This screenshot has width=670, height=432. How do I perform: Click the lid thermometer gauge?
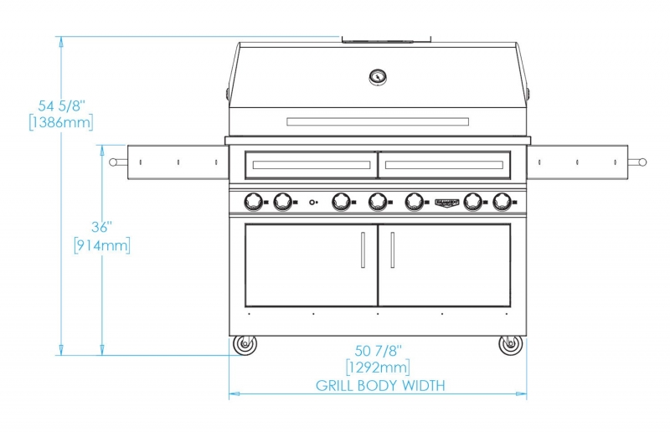coord(378,77)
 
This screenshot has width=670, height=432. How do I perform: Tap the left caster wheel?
coord(245,344)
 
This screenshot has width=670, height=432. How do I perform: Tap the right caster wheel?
coord(511,344)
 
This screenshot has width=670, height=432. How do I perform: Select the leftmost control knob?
coord(254,202)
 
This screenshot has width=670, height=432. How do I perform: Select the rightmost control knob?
coord(502,202)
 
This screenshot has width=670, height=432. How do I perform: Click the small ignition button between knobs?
coord(312,202)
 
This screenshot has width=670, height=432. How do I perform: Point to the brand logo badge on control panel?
coord(447,202)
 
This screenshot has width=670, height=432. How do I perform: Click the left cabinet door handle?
coord(363,250)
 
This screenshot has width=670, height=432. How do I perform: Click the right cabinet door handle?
coord(392,250)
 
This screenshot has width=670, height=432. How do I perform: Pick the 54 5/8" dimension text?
coord(62,105)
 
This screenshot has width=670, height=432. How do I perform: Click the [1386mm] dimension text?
coord(61,122)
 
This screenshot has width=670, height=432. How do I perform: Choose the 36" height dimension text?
coord(101,227)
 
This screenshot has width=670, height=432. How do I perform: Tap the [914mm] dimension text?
coord(102,245)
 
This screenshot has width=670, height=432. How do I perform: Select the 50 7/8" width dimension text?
coord(379,351)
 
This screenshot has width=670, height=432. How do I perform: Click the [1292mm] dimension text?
coord(378,368)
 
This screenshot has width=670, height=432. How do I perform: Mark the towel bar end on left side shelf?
coord(113,162)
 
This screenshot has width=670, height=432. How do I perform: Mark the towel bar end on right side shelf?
coord(642,162)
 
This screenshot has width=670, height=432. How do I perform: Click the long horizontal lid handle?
coord(378,121)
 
